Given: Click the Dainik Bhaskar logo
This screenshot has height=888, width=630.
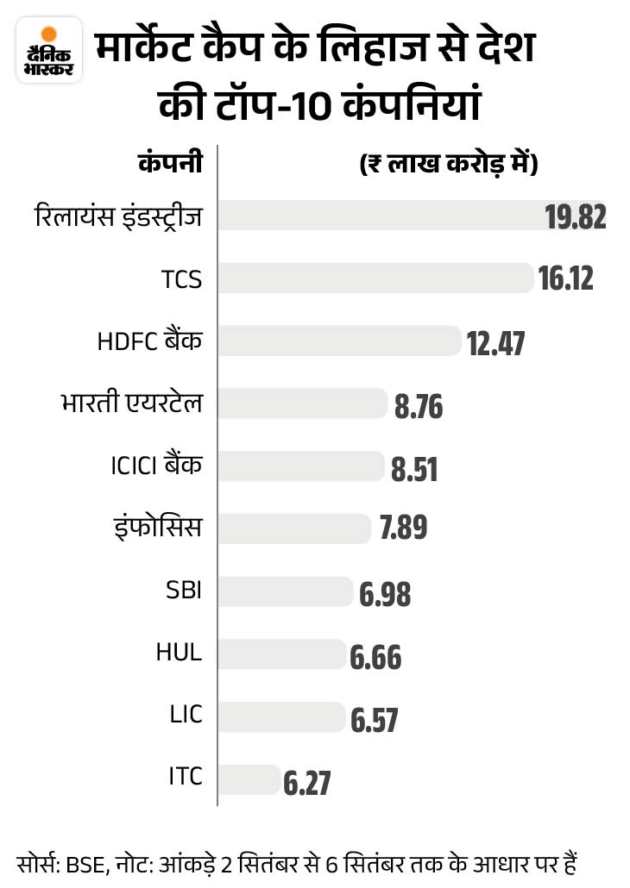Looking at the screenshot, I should [x=49, y=53].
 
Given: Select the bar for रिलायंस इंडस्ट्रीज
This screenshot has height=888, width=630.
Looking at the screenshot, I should [x=380, y=216].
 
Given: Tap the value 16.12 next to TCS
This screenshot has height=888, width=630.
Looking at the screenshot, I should [x=566, y=278].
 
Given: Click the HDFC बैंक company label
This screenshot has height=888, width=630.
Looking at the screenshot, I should [x=150, y=341].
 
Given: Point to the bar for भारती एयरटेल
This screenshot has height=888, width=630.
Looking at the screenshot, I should [x=302, y=403].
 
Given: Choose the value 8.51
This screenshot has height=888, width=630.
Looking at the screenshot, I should [x=414, y=470].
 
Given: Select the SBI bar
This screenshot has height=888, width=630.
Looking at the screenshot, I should [x=286, y=591].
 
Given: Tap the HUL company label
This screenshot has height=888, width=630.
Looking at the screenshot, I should [x=180, y=652].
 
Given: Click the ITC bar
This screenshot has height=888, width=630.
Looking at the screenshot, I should [x=249, y=779].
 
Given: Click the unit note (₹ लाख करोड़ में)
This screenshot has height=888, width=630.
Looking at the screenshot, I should [x=448, y=164].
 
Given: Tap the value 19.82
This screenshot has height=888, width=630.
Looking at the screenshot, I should [x=576, y=217].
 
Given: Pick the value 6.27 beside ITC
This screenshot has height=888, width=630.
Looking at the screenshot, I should [x=306, y=783].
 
